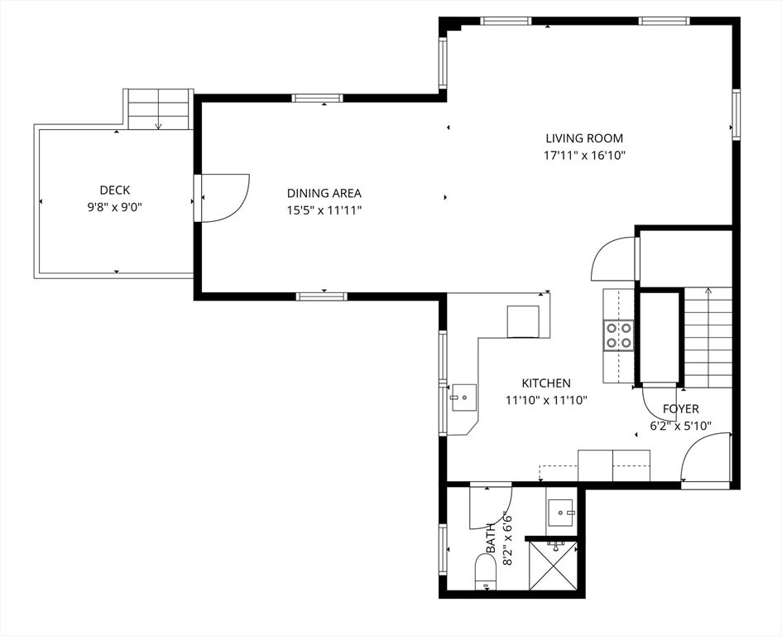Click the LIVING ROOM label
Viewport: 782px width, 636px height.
(x=584, y=138)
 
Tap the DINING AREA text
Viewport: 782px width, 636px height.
(x=324, y=193)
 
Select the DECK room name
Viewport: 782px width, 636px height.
(x=115, y=190)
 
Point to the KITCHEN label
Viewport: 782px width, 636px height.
(x=545, y=383)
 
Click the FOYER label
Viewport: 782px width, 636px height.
(x=681, y=409)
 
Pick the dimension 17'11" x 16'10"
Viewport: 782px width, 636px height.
(x=584, y=156)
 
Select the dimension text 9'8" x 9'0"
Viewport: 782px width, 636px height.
(x=115, y=207)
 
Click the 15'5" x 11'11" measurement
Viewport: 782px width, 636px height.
(x=324, y=210)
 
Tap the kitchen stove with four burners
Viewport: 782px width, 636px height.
(x=618, y=335)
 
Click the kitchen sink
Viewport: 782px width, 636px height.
(x=463, y=397)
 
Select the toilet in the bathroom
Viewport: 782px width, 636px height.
(x=486, y=572)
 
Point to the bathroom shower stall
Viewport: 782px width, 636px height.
(x=553, y=566)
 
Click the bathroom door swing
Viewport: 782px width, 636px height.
(x=490, y=507)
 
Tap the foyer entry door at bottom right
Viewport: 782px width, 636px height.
(x=706, y=460)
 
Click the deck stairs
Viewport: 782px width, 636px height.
(x=158, y=109)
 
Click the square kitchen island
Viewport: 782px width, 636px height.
(x=523, y=321)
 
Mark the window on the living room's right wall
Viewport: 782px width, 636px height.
(x=735, y=115)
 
